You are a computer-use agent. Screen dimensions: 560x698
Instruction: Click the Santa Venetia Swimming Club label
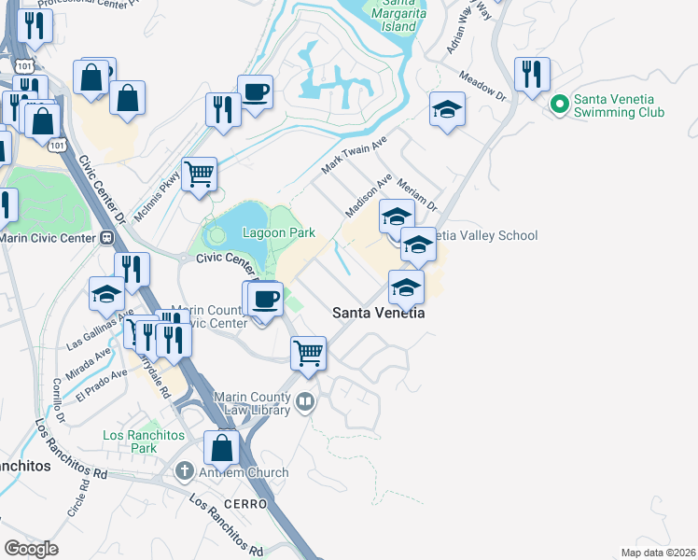(x=619, y=105)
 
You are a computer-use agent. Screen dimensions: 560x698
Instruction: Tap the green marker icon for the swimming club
(x=560, y=104)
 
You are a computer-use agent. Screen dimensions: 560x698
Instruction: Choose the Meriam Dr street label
(x=417, y=195)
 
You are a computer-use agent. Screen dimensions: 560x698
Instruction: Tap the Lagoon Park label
(x=278, y=232)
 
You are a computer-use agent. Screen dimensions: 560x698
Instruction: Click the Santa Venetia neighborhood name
(x=379, y=314)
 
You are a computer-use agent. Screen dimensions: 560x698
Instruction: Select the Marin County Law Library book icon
(x=305, y=403)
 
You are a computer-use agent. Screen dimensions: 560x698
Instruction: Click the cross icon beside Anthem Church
(x=186, y=472)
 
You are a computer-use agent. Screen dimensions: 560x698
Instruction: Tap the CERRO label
(x=245, y=504)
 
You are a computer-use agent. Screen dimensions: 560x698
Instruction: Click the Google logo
(x=31, y=549)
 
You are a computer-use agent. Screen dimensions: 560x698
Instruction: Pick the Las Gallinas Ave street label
(x=93, y=331)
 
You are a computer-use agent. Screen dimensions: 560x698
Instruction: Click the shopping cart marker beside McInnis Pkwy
(x=199, y=174)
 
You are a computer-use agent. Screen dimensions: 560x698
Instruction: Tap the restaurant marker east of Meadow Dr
(x=532, y=74)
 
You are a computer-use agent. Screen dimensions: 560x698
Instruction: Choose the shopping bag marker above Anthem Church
(x=221, y=447)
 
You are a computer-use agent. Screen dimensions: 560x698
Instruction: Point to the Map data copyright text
(x=656, y=553)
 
